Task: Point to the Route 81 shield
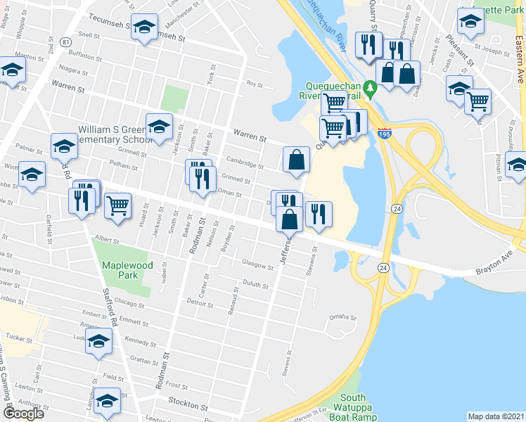click(65, 42)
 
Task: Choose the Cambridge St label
click(245, 160)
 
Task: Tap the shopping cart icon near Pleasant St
click(477, 101)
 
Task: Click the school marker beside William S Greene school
click(160, 127)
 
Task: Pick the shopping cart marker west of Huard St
click(117, 206)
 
